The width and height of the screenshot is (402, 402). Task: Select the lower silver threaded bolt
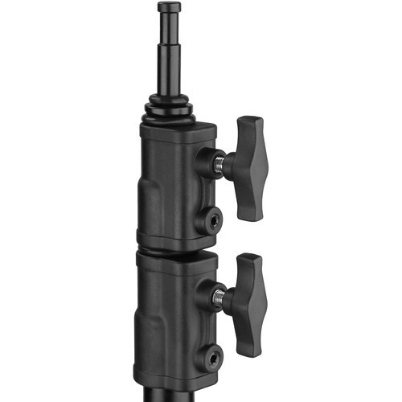click(x=219, y=298)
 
